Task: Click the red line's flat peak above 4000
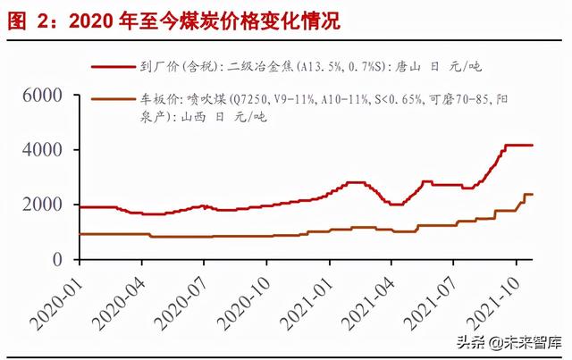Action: pos(518,145)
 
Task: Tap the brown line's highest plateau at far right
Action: pos(528,194)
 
